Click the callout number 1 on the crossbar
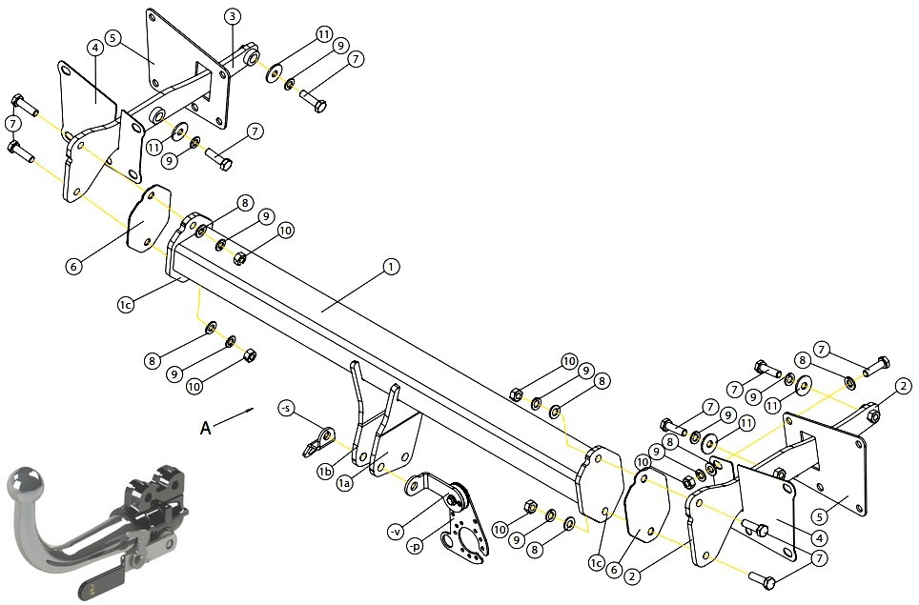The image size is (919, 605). [391, 267]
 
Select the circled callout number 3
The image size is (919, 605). [232, 16]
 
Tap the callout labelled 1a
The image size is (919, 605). [346, 483]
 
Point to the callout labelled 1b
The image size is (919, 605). [326, 472]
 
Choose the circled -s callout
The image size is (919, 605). [286, 408]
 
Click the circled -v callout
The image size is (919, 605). [397, 532]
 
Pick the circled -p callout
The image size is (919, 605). [415, 548]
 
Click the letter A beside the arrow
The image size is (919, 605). [206, 428]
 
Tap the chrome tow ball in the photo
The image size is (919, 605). [25, 483]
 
